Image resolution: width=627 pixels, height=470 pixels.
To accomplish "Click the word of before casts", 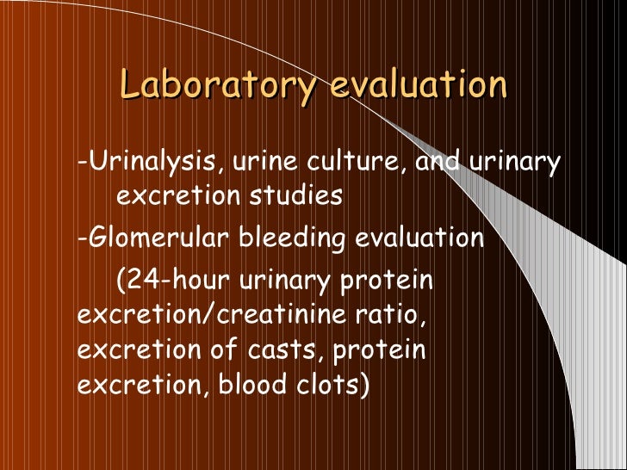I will point(227,350).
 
